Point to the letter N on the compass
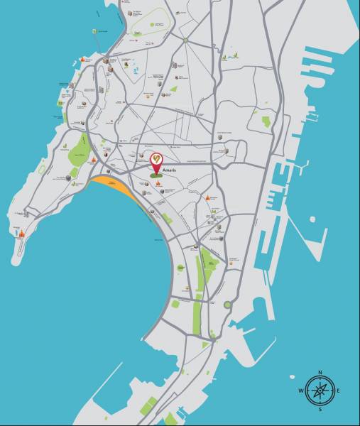point(320,372)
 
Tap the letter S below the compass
point(320,409)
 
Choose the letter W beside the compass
point(301,390)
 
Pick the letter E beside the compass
point(338,390)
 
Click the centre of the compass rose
point(320,390)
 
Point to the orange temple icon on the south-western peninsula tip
point(22,234)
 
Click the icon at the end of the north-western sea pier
point(94,32)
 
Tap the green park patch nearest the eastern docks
point(266,121)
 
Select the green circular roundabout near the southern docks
point(227,305)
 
